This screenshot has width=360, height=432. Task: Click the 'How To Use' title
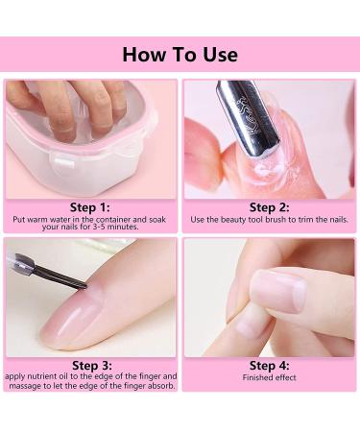[x=180, y=55]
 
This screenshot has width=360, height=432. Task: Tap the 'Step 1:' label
[x=90, y=207]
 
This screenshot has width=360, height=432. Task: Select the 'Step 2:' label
[x=269, y=207]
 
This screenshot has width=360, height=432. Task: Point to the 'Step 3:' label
[x=92, y=366]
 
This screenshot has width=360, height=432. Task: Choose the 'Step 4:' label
[x=269, y=366]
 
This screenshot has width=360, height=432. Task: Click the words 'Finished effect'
[x=269, y=377]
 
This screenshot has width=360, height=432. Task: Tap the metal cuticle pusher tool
[x=250, y=120]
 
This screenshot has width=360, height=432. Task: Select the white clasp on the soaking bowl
[x=63, y=162]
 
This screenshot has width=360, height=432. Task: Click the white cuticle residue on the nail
[x=266, y=169]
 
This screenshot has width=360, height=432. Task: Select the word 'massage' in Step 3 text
[x=26, y=386]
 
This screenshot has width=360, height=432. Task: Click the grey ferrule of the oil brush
[x=24, y=263]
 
